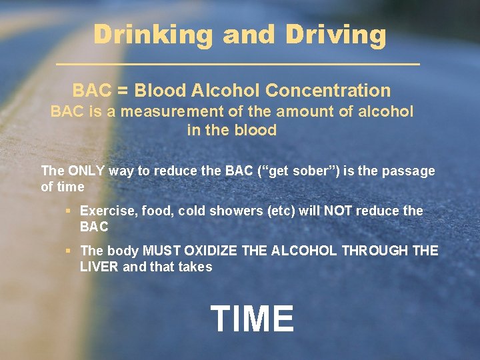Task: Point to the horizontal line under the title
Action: click(239, 64)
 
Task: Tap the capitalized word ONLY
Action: click(86, 171)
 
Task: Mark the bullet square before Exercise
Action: click(68, 211)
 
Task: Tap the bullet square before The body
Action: click(68, 251)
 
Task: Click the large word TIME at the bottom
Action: click(252, 318)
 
